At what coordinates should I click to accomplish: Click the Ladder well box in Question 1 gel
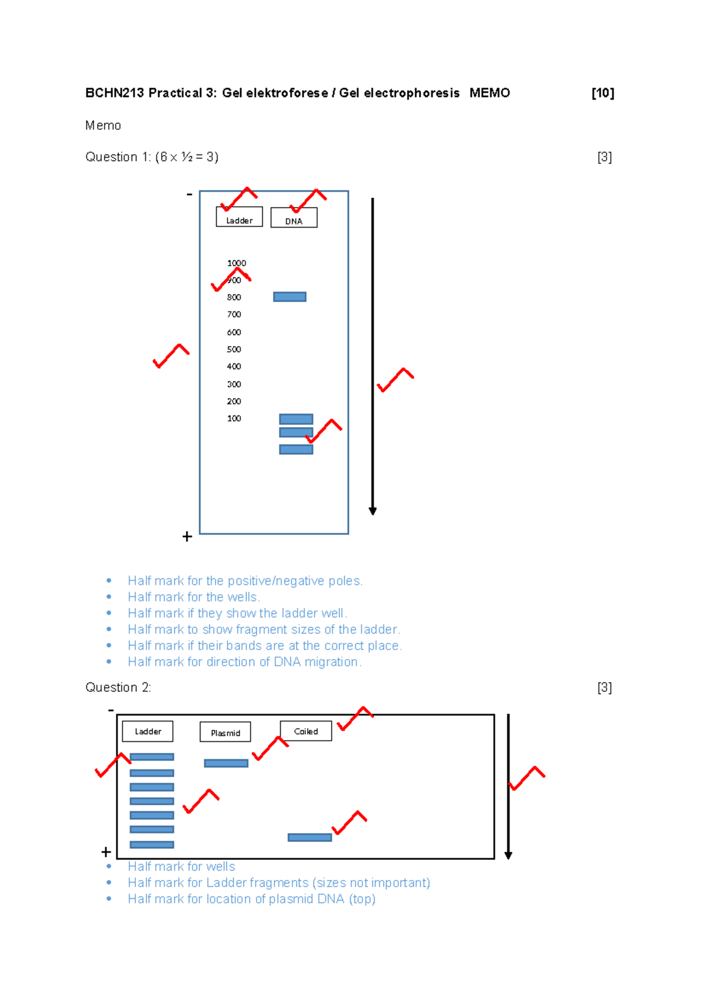click(x=239, y=217)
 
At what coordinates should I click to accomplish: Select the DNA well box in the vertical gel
click(x=294, y=218)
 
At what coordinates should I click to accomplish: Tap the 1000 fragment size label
click(x=237, y=263)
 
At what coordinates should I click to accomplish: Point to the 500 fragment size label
click(x=234, y=349)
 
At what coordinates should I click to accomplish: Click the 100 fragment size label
click(x=234, y=419)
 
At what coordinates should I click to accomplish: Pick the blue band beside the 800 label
click(x=289, y=297)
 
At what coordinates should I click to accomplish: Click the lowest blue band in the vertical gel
click(x=296, y=450)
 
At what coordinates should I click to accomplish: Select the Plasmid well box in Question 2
click(x=225, y=732)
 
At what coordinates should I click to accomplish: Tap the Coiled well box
click(x=305, y=731)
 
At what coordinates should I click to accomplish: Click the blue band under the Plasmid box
click(x=226, y=763)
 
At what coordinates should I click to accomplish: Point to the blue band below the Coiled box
click(x=309, y=837)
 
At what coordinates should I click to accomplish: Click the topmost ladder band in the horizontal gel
click(x=152, y=757)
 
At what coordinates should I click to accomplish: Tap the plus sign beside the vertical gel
click(x=187, y=536)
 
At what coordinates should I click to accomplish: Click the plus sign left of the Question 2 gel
click(x=106, y=851)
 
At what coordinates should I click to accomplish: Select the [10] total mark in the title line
click(x=602, y=93)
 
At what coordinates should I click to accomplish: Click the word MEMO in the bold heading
click(x=489, y=93)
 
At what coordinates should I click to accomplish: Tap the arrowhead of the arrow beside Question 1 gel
click(x=372, y=511)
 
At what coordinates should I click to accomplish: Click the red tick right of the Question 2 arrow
click(x=527, y=778)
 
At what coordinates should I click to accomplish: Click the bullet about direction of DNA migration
click(x=244, y=662)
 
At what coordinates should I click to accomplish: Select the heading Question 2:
click(x=118, y=687)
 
